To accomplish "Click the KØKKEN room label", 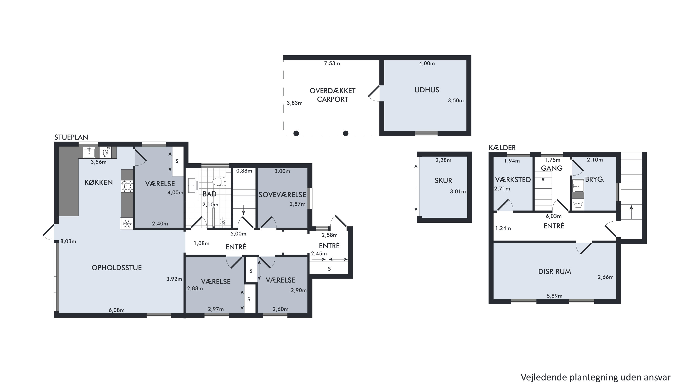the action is [x=98, y=183].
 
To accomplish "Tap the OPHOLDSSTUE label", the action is [x=117, y=268].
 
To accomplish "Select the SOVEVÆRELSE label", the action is [x=282, y=195].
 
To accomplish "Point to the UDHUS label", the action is [x=427, y=90].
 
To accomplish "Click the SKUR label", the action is [x=443, y=180].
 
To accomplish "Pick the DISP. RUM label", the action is [x=554, y=272].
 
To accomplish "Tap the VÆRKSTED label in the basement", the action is [x=513, y=180].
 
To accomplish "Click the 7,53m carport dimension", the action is [x=332, y=63].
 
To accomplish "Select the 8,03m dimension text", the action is [x=68, y=241].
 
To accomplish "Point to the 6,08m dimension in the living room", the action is [x=117, y=310].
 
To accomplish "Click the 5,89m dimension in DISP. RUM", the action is [x=554, y=296].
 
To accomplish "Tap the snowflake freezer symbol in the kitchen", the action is [x=127, y=223].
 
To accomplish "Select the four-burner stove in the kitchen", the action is [x=127, y=187].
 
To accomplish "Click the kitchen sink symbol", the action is [x=89, y=152].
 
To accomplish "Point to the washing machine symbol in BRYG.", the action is [x=578, y=205].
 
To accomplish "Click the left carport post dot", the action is [x=296, y=134].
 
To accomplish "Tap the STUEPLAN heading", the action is [x=71, y=137].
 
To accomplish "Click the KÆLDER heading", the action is [x=502, y=148].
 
